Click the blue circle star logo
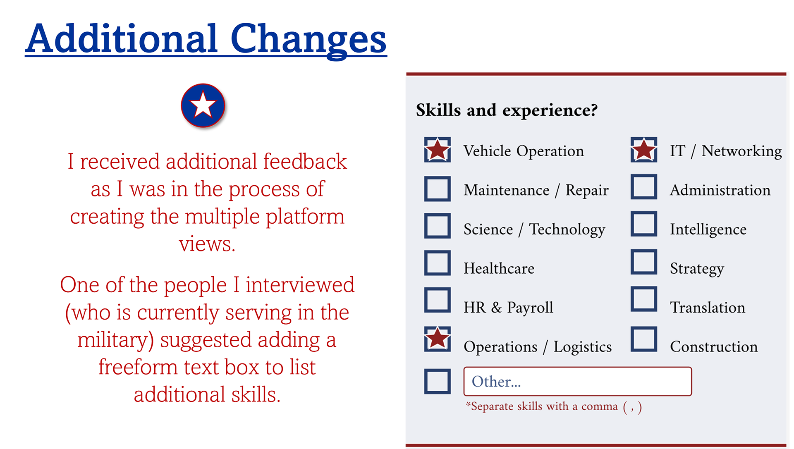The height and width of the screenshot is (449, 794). (x=203, y=105)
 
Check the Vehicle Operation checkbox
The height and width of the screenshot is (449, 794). (x=437, y=150)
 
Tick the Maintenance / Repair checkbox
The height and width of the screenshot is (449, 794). (x=437, y=189)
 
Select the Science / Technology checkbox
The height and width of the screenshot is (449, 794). (x=437, y=226)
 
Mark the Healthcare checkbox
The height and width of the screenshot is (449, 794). (x=437, y=263)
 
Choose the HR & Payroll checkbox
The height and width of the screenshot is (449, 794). (x=437, y=300)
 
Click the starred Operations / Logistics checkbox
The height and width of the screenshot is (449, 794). (x=437, y=339)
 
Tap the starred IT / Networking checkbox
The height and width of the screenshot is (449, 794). (x=644, y=150)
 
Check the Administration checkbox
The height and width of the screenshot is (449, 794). (x=644, y=187)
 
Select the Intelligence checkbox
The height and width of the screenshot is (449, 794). (x=644, y=224)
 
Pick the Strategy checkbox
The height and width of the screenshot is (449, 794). (x=644, y=262)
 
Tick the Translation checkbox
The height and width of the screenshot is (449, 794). (x=644, y=299)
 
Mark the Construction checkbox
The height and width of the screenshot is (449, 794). (x=644, y=339)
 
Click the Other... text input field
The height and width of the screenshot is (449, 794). (x=577, y=381)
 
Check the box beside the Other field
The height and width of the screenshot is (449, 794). (x=437, y=381)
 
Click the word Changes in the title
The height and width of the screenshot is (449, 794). (x=309, y=40)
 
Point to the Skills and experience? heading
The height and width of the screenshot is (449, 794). (x=507, y=110)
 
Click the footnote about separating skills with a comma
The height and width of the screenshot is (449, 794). (x=554, y=407)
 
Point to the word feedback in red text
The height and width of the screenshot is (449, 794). (x=305, y=161)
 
